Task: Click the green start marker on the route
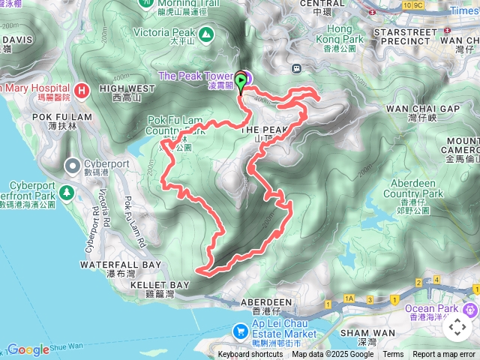coord(241,82)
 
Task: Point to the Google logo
coord(28,349)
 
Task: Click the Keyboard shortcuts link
coord(250,354)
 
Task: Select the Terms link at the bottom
coord(393,354)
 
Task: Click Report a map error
coord(443,354)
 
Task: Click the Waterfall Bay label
coord(121,265)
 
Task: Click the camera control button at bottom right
coord(457,327)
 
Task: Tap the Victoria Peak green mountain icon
coord(205,33)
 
